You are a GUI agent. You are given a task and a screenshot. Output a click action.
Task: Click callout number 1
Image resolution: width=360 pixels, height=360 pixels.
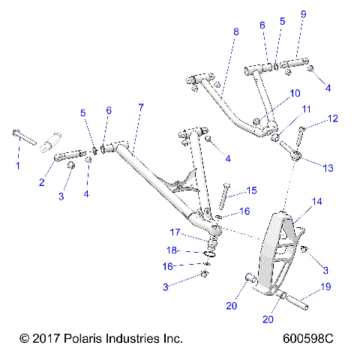point(19,165)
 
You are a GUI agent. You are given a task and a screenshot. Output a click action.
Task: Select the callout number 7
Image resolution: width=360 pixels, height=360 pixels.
point(140,108)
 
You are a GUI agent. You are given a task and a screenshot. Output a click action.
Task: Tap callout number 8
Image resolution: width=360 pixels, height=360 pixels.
point(235,32)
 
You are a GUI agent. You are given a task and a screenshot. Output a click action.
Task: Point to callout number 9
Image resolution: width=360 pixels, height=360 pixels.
point(303,14)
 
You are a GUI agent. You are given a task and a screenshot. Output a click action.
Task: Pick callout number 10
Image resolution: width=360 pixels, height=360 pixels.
point(295,93)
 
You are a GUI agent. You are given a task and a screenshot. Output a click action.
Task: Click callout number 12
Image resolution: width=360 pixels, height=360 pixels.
point(333,118)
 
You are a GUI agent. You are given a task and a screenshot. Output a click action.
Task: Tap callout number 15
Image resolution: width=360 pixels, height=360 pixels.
point(252,190)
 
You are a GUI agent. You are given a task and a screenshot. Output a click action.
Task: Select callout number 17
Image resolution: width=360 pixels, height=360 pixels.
point(174,232)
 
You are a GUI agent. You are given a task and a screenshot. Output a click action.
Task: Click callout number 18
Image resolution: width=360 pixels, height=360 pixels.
point(172,250)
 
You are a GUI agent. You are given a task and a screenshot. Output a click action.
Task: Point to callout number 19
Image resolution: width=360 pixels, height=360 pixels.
point(326,286)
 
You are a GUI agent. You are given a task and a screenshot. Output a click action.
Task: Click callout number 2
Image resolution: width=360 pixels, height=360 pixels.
point(42,181)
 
